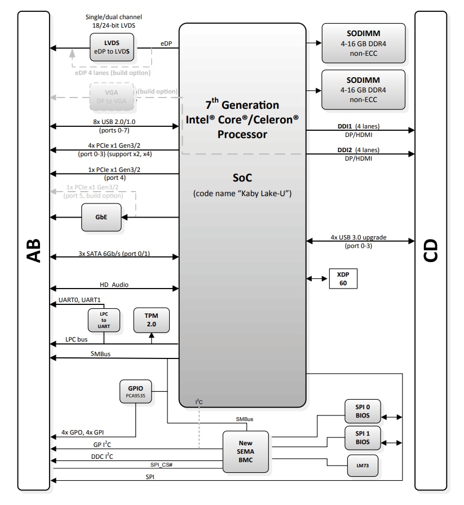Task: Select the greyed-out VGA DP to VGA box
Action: coord(112,96)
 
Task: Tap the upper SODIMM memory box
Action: coord(363,43)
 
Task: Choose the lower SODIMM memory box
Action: coord(363,90)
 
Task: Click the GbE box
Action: coord(101,216)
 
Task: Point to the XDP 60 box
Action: coord(343,278)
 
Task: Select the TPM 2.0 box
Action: coord(151,320)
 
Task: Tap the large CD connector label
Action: coord(431,253)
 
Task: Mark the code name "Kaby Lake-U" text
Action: coord(242,194)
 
